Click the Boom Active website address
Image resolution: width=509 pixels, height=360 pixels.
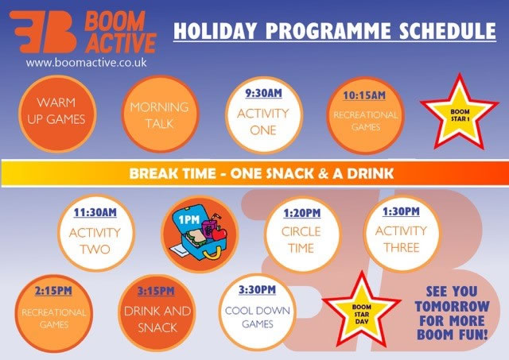pos(87,62)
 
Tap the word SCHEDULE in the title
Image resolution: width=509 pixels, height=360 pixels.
pos(447,31)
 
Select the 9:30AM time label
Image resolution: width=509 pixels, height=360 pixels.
pos(263,94)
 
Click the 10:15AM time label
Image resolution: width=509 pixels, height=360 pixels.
pos(364,95)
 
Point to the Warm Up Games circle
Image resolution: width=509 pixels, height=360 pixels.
pos(57,114)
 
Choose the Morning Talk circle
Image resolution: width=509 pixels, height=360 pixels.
pos(160,114)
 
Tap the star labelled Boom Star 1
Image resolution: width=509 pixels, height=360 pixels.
pos(460,112)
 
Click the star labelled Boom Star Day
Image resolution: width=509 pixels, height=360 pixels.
pos(361,311)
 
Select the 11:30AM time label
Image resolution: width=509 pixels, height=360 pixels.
pos(95,212)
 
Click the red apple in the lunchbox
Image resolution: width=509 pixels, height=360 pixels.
pos(220,233)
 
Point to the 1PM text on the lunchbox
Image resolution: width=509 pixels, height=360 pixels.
pos(189,220)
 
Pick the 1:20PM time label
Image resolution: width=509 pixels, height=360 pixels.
pos(302,213)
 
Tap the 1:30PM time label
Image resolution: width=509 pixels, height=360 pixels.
pos(401,211)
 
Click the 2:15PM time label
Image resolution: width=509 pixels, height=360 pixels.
pos(53,291)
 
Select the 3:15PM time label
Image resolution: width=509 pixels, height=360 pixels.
pos(156,291)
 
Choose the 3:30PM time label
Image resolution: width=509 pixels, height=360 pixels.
pos(258,289)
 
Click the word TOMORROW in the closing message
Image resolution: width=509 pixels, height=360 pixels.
pos(453,306)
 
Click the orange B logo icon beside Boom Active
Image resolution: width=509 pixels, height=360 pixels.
pos(43,32)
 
